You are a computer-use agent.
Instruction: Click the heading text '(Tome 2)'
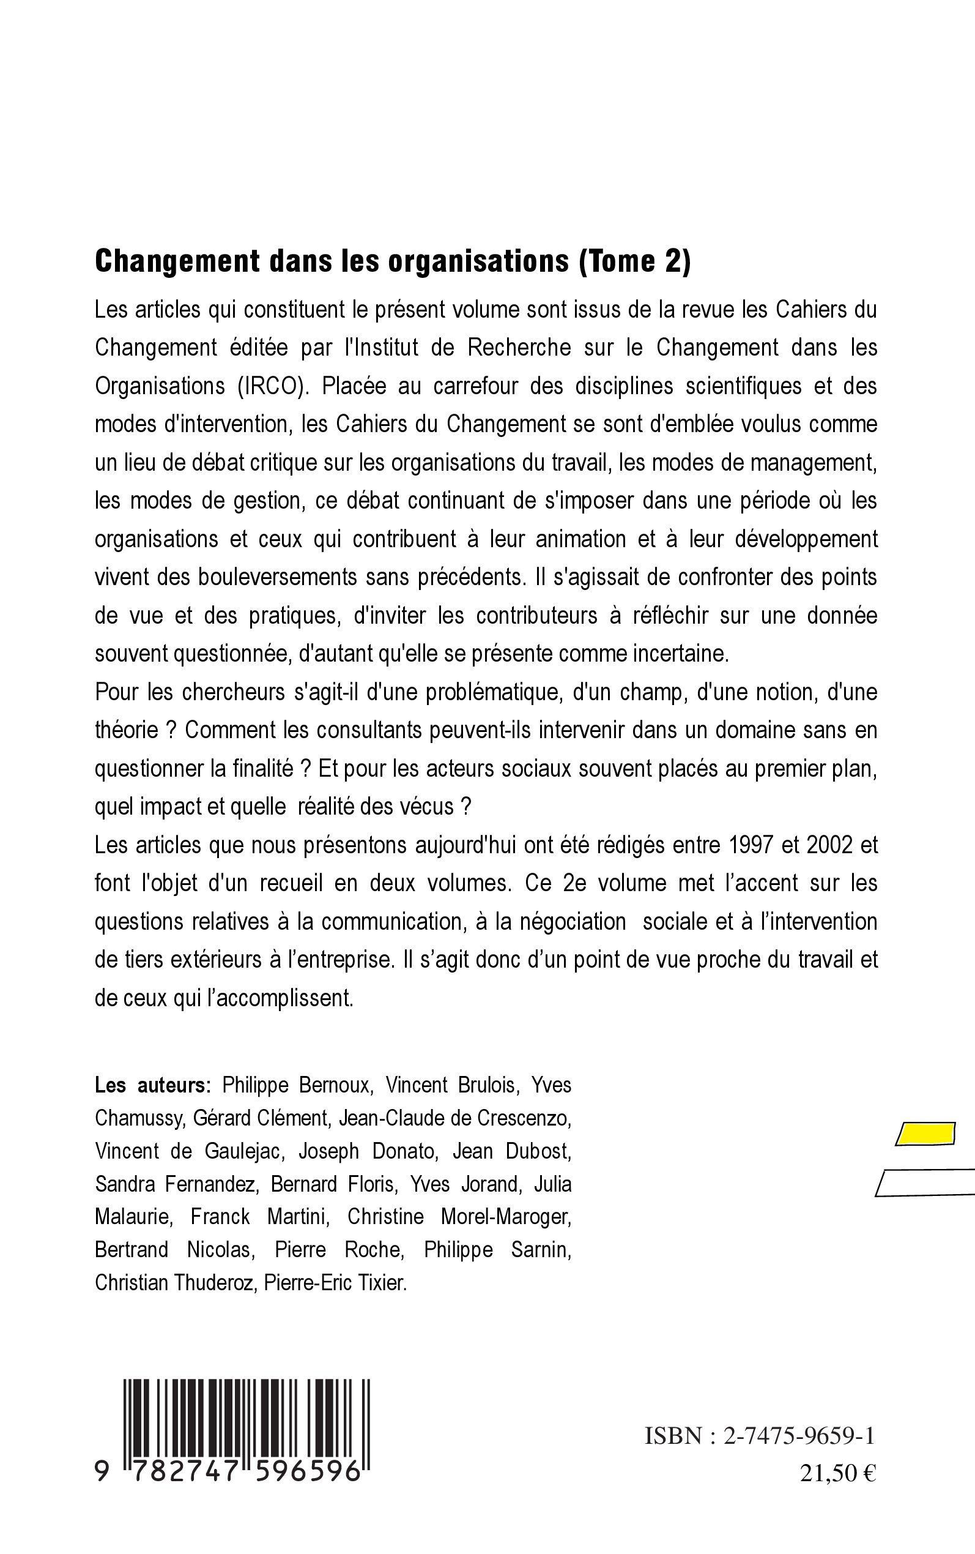coord(635,261)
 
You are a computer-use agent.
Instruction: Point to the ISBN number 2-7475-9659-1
coord(799,1436)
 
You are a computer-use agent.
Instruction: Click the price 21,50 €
coord(837,1474)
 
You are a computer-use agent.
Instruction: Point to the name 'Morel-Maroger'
coord(506,1217)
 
